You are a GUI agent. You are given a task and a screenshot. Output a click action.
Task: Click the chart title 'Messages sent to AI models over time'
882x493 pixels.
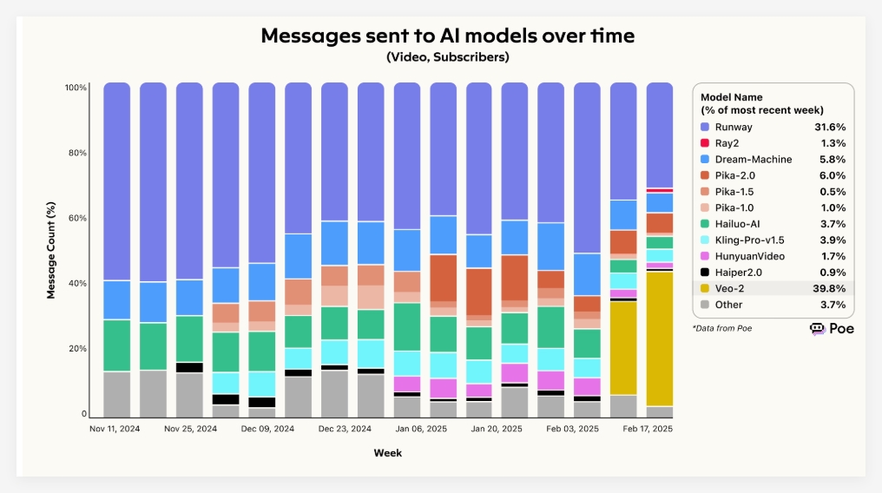pyautogui.click(x=447, y=36)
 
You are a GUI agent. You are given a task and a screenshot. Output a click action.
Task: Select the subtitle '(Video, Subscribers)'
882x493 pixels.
pyautogui.click(x=447, y=57)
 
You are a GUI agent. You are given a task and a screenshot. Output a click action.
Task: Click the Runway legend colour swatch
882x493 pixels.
pyautogui.click(x=707, y=127)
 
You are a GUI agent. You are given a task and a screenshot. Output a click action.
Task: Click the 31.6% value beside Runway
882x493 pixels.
pyautogui.click(x=829, y=127)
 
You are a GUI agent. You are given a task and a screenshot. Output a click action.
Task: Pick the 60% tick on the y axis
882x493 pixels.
pyautogui.click(x=76, y=219)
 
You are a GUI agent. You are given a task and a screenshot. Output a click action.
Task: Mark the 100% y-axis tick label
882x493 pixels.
pyautogui.click(x=76, y=88)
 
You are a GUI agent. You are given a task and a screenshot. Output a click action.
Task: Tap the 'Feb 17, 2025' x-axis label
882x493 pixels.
pyautogui.click(x=647, y=429)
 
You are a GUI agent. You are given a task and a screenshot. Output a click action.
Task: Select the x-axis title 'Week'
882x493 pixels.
pyautogui.click(x=387, y=453)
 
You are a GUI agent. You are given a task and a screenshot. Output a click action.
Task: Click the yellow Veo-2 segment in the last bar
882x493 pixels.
pyautogui.click(x=659, y=339)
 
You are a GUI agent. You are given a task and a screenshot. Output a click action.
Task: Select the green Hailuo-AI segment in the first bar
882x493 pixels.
pyautogui.click(x=116, y=345)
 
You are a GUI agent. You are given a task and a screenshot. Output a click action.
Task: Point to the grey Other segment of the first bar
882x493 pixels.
pyautogui.click(x=116, y=395)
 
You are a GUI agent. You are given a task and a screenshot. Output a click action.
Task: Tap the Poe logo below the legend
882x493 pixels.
pyautogui.click(x=831, y=329)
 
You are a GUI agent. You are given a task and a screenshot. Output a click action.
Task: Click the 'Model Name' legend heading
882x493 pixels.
pyautogui.click(x=732, y=97)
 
